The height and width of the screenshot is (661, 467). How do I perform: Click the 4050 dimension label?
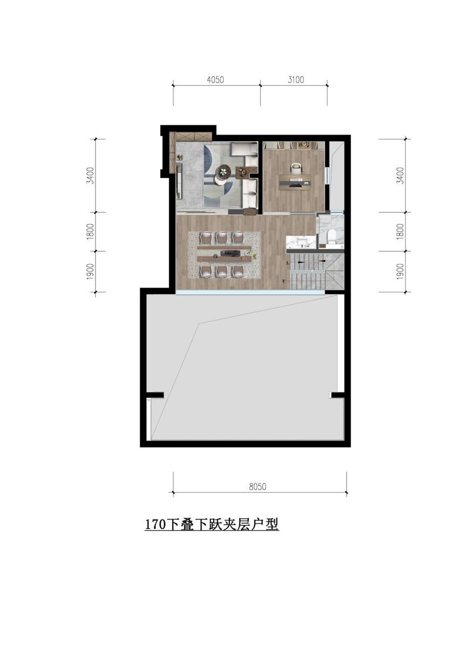(215, 79)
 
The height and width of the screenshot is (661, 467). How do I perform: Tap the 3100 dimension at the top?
(296, 79)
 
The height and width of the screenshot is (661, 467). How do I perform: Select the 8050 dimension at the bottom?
(258, 486)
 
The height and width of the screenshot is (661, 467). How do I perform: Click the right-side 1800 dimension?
(400, 231)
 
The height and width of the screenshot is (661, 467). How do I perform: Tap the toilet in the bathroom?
(332, 237)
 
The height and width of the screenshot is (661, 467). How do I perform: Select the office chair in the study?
(296, 168)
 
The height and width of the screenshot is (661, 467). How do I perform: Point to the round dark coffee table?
(223, 170)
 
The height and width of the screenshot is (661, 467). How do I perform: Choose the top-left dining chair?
(206, 238)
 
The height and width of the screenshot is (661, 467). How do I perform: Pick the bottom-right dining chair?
(238, 271)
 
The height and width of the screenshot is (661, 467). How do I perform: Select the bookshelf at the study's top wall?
(294, 145)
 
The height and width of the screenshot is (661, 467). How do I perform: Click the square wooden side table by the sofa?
(243, 172)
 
